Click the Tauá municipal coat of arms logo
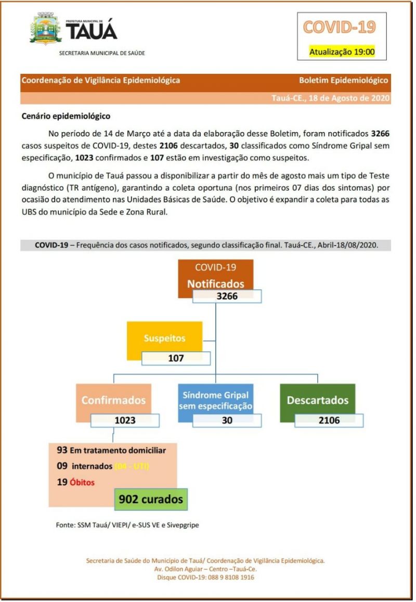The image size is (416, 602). (x=46, y=30)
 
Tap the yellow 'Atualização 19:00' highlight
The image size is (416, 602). (x=342, y=52)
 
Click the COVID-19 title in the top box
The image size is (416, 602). (x=339, y=27)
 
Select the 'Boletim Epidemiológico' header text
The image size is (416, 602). (x=343, y=80)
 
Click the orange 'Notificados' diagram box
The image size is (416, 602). (x=215, y=277)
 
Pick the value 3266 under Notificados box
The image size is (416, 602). (x=227, y=297)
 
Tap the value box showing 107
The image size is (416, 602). (x=176, y=358)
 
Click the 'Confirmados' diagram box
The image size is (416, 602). (x=113, y=400)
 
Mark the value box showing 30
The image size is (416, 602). (x=227, y=420)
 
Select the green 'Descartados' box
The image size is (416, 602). (x=317, y=400)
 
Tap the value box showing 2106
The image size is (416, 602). (x=329, y=420)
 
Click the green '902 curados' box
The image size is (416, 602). (x=151, y=499)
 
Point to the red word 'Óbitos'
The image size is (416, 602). (x=82, y=482)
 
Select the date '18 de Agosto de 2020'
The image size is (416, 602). (x=349, y=98)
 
